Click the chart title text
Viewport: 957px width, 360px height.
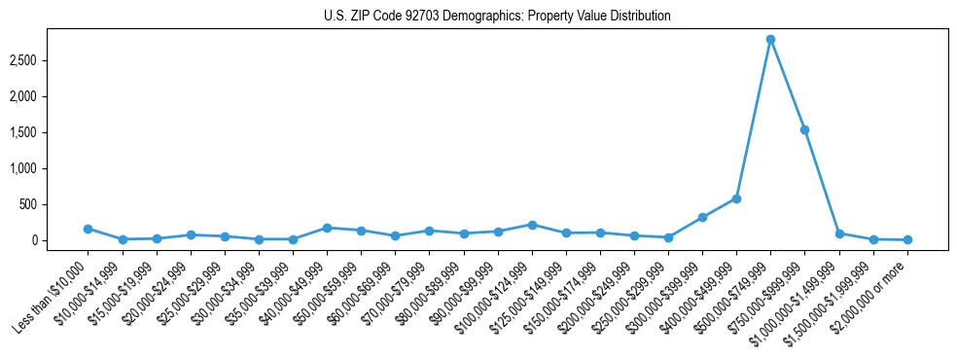497,17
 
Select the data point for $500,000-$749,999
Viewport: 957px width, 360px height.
770,40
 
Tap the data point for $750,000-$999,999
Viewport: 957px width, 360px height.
804,129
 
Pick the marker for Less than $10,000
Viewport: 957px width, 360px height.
88,229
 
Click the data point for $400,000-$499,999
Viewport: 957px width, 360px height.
736,198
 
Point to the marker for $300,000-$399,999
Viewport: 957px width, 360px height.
702,217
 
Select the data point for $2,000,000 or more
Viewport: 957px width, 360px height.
907,239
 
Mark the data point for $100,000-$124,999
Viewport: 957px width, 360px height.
531,225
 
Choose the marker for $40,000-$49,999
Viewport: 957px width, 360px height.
327,228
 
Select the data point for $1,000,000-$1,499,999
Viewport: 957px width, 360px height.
839,234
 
